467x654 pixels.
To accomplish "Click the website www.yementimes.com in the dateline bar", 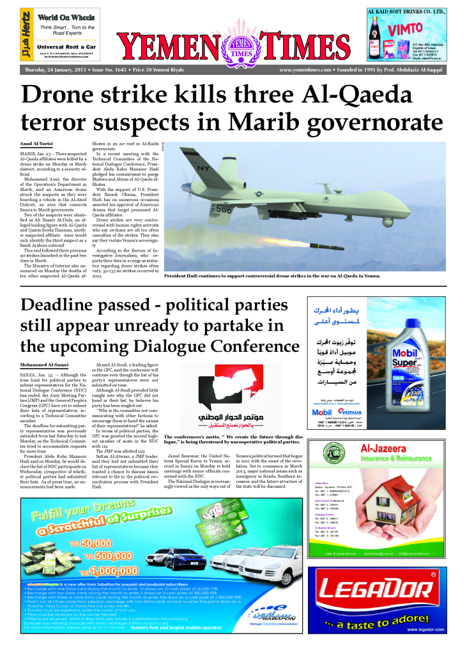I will point(305,69).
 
